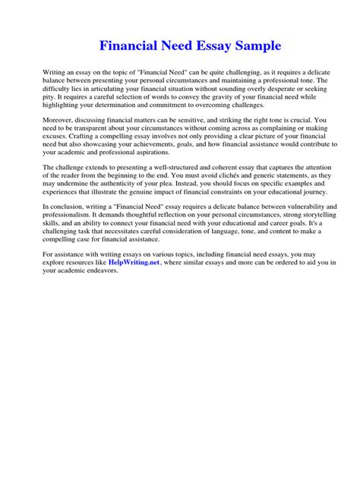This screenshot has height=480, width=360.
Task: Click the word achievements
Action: coord(160,141)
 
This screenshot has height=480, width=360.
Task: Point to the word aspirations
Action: coord(140,150)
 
